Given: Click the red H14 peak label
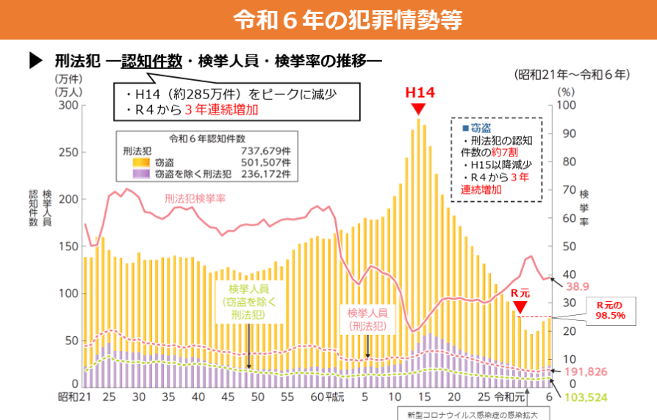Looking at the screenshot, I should pyautogui.click(x=420, y=93).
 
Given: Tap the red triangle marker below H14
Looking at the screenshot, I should pyautogui.click(x=418, y=108).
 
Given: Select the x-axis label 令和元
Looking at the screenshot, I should pyautogui.click(x=509, y=397).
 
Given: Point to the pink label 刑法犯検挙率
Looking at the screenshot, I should pyautogui.click(x=194, y=198).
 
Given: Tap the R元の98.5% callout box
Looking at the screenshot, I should pyautogui.click(x=609, y=310).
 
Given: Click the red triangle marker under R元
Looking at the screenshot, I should pyautogui.click(x=520, y=306).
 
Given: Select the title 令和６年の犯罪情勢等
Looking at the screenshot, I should pyautogui.click(x=328, y=19).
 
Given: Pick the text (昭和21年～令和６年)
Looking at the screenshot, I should pyautogui.click(x=572, y=74).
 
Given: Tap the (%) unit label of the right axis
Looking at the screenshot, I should pyautogui.click(x=564, y=93).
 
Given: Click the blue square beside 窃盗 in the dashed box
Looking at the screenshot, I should pyautogui.click(x=465, y=128).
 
